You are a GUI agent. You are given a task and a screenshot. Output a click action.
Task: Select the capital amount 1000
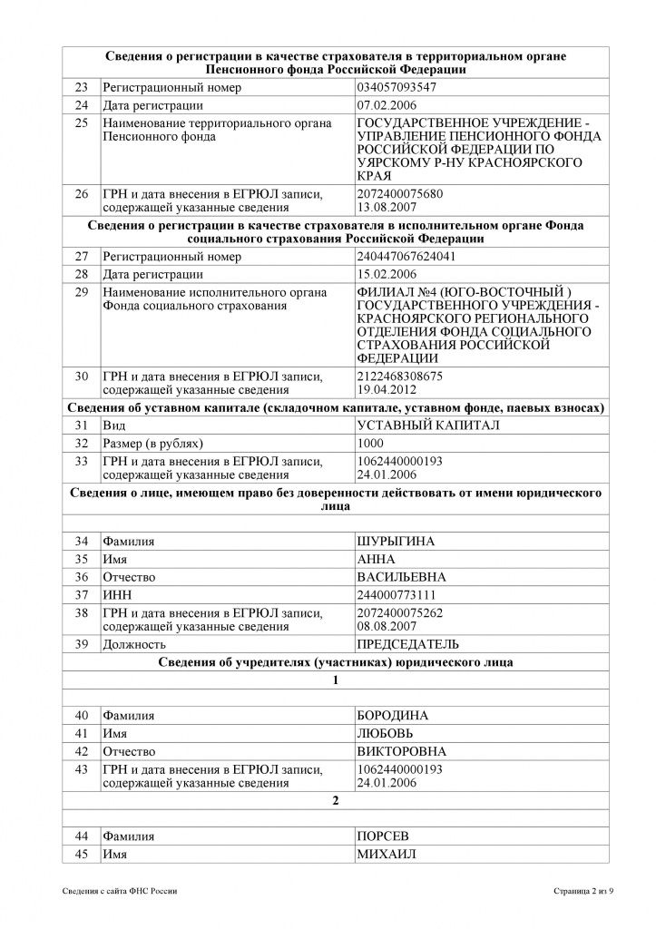tap(372, 443)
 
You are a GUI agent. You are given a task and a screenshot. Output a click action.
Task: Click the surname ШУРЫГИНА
tap(397, 542)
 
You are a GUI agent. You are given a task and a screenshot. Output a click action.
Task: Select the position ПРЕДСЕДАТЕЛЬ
tap(408, 644)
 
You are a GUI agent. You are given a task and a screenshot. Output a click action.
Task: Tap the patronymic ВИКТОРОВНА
tap(402, 750)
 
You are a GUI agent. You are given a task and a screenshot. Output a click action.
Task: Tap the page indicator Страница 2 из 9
tap(583, 892)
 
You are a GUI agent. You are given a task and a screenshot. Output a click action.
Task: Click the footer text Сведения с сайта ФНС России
tap(120, 892)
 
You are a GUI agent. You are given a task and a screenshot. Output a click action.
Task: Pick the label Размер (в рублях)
tap(152, 443)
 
